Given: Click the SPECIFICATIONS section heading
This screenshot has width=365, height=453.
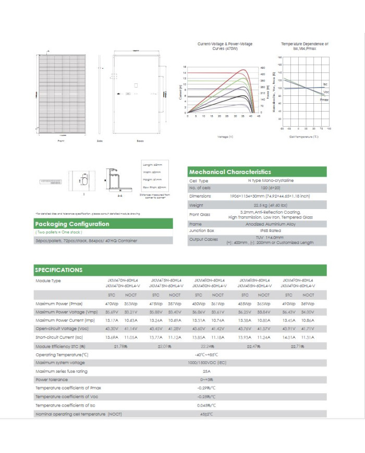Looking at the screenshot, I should (x=58, y=270).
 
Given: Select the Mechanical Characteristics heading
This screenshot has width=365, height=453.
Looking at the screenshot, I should (x=230, y=172).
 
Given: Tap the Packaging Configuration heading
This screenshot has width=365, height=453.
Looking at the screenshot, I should (x=72, y=224).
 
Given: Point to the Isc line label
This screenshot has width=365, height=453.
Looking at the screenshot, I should (x=325, y=84).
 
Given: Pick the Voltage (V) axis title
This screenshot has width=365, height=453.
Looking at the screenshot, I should (x=225, y=136).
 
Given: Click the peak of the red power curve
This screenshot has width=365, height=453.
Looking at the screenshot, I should (x=243, y=70).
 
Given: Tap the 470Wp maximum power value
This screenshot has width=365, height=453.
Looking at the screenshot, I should (x=112, y=303).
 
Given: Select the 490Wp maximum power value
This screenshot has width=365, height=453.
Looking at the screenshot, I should (x=289, y=303).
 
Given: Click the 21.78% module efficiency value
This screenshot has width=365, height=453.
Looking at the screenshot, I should (x=121, y=346).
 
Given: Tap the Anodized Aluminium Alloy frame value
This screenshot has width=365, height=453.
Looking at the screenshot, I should (x=256, y=223).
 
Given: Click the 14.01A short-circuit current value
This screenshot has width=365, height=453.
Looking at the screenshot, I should (x=289, y=337).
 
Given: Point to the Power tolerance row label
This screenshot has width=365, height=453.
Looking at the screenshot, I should (x=52, y=379).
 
